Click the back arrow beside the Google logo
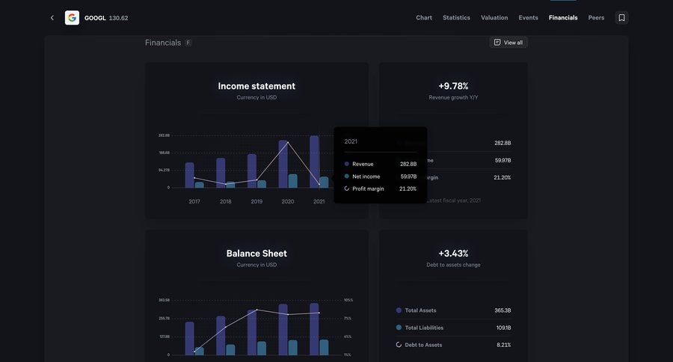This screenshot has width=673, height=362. point(52,18)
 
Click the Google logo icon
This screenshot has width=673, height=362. point(72,18)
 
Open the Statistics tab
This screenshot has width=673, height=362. point(456,18)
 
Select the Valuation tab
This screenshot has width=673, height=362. point(494,18)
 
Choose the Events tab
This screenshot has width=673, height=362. point(528,18)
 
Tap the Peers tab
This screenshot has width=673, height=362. point(596,18)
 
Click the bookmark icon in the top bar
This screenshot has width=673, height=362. point(621,18)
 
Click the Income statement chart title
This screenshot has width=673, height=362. point(256,86)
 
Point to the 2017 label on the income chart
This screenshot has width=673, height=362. point(194,201)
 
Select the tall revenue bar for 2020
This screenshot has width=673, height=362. point(283,164)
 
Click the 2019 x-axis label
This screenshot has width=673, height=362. point(256,201)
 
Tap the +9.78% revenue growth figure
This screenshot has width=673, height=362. point(453,86)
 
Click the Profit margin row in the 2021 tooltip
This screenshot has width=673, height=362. point(368,188)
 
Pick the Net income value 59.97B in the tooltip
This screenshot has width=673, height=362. point(408,177)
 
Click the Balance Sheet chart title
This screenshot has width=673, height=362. point(256,254)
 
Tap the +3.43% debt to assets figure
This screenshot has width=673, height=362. point(453,254)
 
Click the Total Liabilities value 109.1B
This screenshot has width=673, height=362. point(503,328)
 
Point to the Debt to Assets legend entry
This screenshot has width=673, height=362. point(423,345)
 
